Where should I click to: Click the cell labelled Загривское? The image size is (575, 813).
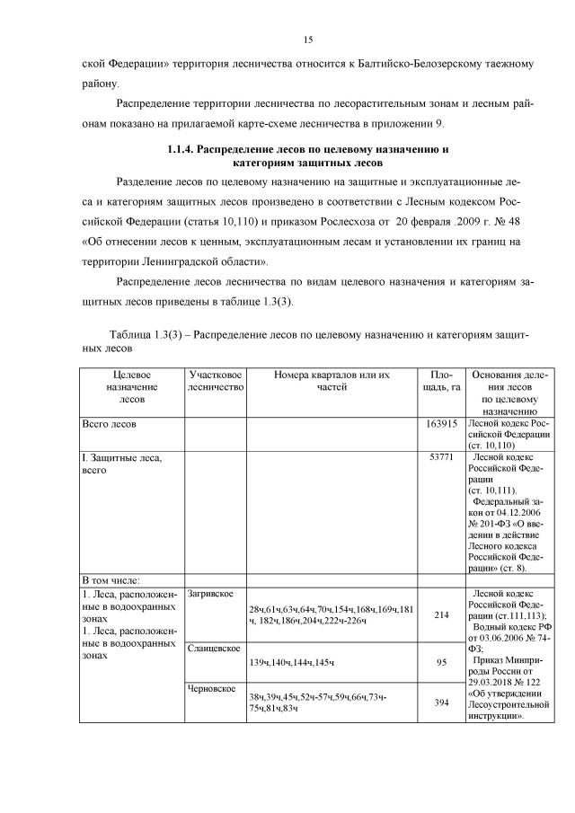point(211,594)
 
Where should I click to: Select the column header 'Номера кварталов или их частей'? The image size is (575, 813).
point(332,380)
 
